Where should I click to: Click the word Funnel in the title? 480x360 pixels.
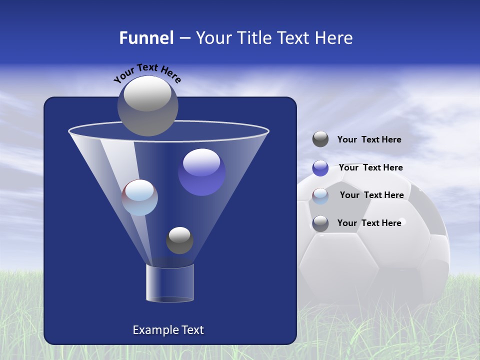point(146,38)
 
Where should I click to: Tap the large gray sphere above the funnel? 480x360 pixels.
point(148,105)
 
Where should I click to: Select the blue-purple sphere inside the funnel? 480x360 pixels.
point(202,172)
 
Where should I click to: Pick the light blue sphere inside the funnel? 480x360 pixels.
point(139,197)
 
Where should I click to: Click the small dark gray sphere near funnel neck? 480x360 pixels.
point(179,240)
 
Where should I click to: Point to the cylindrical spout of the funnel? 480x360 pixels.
point(169,283)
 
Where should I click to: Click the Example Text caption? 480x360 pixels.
point(168,330)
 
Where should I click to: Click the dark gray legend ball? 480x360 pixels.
point(320,139)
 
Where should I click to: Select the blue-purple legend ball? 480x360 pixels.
point(320,168)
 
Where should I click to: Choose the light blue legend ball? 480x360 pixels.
point(320,196)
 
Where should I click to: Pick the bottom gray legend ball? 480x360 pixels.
point(320,223)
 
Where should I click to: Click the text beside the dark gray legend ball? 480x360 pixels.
point(369,140)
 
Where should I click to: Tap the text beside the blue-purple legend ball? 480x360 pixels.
point(370,168)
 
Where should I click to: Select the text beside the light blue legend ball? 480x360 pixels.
point(371,195)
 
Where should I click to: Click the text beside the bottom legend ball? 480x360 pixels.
point(369,223)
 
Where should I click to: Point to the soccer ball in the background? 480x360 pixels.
point(380,250)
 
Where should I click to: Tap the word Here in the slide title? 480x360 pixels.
point(335,38)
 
